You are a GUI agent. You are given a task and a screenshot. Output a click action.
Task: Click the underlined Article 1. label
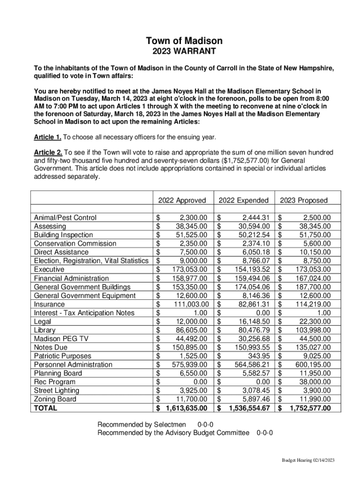click(x=48, y=138)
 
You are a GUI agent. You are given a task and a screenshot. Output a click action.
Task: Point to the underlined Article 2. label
click(x=48, y=152)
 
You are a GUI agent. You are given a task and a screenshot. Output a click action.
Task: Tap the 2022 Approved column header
click(x=182, y=200)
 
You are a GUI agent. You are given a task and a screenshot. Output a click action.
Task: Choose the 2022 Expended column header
click(x=244, y=200)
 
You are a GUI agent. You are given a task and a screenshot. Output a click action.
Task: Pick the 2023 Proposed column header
click(x=304, y=200)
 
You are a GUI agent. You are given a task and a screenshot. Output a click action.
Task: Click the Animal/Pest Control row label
click(x=65, y=218)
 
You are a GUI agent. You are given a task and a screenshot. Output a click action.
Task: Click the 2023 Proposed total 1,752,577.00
click(x=310, y=408)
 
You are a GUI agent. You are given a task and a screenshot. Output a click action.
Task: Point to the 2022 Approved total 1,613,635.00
click(x=187, y=408)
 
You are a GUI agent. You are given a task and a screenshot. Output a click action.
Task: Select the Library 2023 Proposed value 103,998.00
click(x=312, y=330)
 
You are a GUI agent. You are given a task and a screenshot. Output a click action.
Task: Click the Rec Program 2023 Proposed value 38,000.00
click(x=314, y=382)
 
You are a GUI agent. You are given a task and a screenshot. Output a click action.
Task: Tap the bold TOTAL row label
click(x=46, y=408)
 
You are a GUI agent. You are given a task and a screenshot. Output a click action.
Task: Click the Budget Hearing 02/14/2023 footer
click(x=308, y=460)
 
